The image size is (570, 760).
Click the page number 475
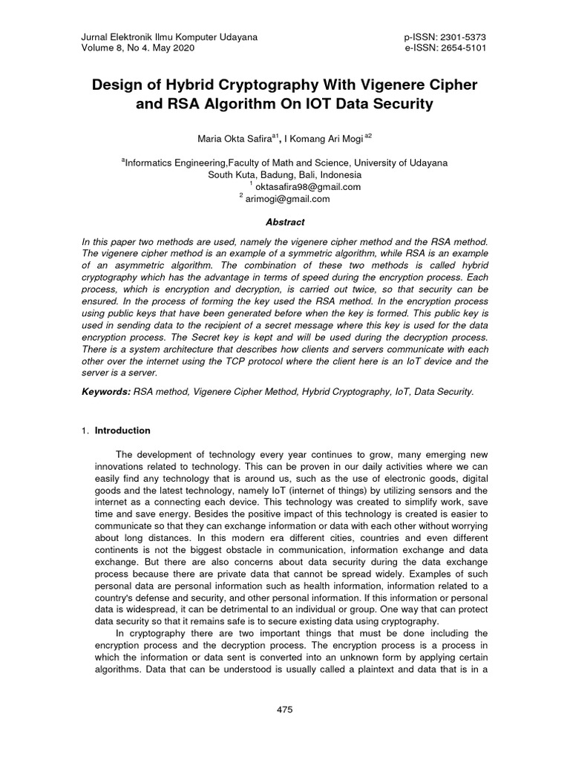285,710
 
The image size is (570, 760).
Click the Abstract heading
285,222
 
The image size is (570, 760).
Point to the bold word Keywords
105,390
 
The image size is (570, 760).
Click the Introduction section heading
122,430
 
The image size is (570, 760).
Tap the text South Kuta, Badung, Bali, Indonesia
285,175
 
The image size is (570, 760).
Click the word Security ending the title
401,105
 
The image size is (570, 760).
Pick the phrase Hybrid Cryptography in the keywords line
346,390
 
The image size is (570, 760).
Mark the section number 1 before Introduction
85,431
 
